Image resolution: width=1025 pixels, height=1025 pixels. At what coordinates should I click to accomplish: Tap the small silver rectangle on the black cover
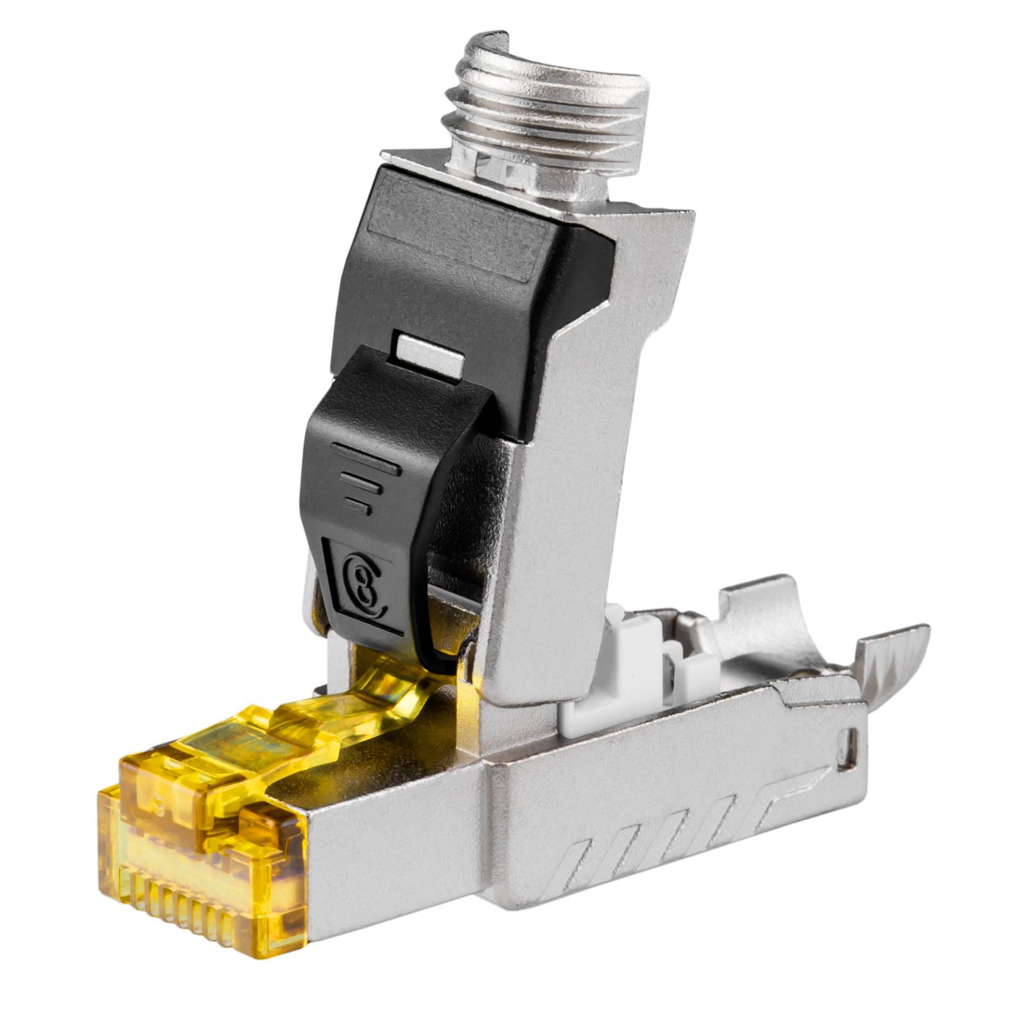(430, 355)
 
